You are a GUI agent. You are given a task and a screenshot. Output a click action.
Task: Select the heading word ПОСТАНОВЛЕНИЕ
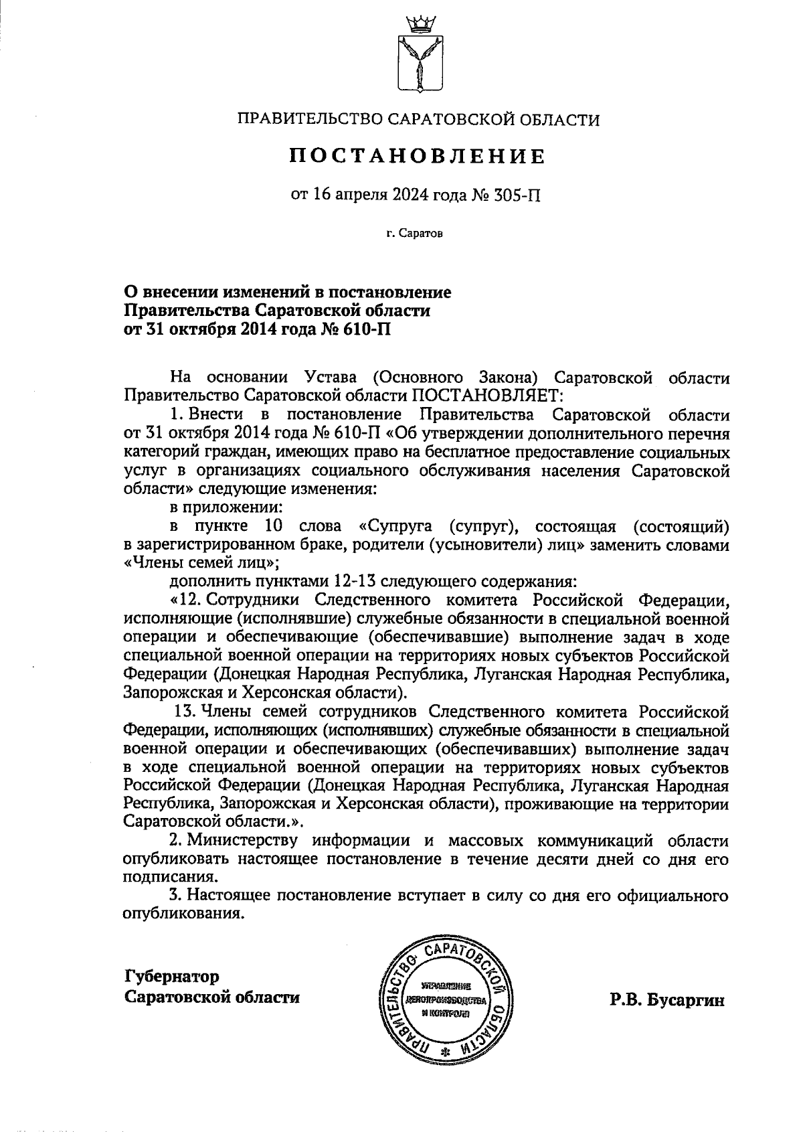[x=418, y=157]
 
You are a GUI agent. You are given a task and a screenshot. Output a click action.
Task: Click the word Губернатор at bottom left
[x=172, y=976]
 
